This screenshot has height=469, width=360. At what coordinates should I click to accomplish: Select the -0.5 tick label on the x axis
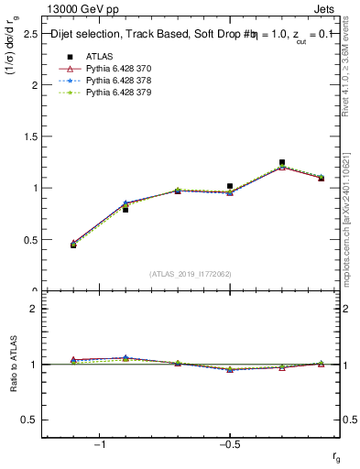coord(229,443)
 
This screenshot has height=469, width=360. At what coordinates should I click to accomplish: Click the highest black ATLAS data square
coord(282,162)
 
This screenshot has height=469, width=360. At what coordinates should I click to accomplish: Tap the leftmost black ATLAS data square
coord(73,245)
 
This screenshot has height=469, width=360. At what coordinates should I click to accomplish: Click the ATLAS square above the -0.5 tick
coord(230,186)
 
